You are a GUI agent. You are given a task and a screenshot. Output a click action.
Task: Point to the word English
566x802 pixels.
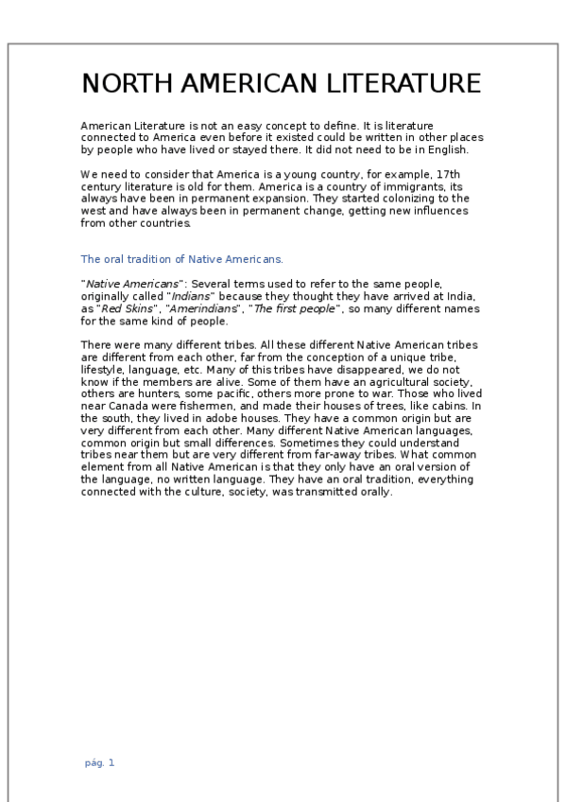pos(461,149)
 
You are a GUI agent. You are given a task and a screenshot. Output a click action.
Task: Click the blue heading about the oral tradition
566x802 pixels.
pos(182,258)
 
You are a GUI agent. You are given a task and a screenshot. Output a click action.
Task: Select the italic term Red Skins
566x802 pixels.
pos(124,308)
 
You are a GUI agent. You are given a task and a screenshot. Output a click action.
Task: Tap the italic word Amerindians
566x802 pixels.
pos(197,308)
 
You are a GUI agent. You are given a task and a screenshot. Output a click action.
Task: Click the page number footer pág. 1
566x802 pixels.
pos(99,762)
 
